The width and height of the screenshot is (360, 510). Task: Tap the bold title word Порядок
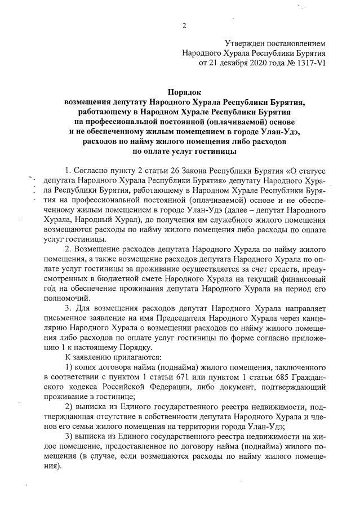pos(184,92)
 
